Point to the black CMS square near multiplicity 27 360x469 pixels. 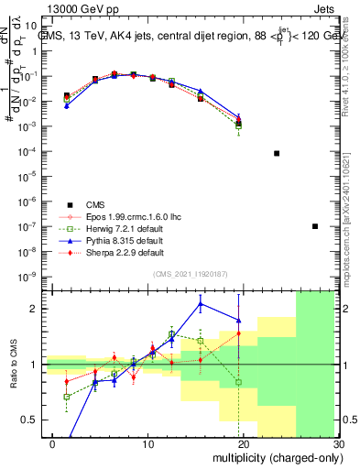coord(315,226)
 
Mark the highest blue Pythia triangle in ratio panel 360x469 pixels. coord(201,304)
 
